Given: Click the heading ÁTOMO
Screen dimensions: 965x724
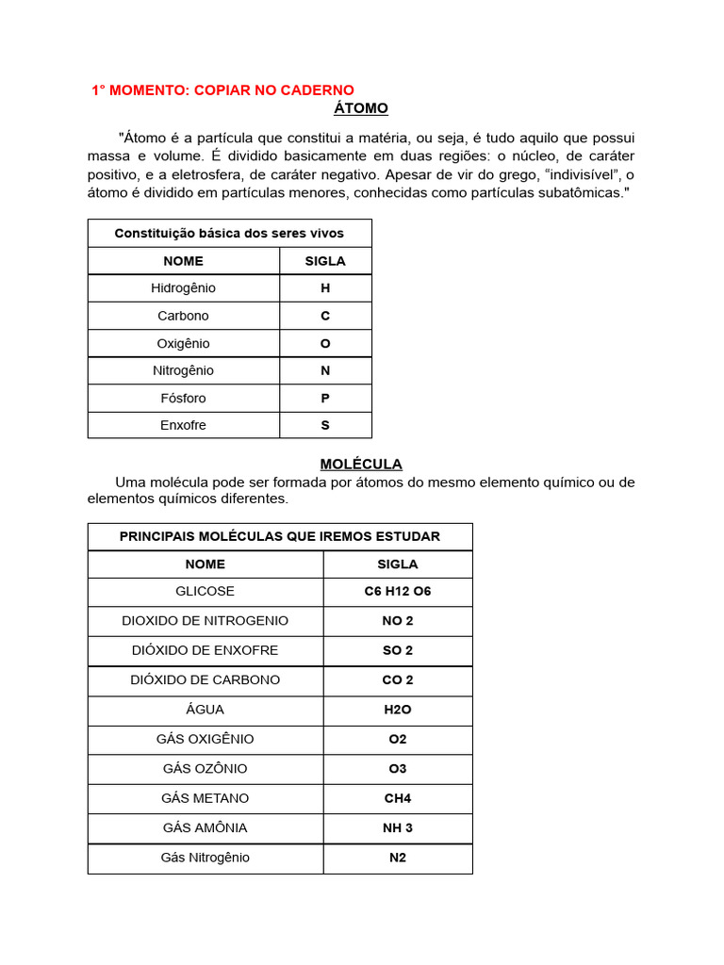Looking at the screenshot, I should [x=361, y=108].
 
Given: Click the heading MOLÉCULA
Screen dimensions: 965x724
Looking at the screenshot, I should [x=361, y=464].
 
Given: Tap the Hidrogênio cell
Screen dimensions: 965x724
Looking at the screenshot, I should [x=183, y=287].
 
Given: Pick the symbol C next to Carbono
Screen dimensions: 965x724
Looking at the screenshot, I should [x=325, y=316].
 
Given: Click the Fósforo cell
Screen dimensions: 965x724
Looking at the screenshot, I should [x=183, y=398].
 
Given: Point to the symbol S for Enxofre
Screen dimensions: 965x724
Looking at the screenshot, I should [x=325, y=425].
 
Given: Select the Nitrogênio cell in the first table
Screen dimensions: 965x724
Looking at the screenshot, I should [x=183, y=370].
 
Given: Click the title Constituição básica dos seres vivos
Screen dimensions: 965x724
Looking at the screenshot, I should [x=229, y=233].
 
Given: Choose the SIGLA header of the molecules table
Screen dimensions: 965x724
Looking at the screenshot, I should [x=397, y=564].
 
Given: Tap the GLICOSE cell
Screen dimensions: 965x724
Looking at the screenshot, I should [x=205, y=591].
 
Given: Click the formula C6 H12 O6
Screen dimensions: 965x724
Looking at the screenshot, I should [x=397, y=591].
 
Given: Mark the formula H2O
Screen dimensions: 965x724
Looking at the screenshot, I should [x=397, y=710].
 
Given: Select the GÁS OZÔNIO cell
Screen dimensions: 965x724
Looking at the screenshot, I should [x=205, y=768].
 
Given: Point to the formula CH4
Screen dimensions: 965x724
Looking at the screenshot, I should [x=397, y=798].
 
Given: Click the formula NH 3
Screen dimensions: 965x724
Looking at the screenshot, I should [x=397, y=827].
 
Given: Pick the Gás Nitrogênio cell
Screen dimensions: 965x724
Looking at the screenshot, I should [x=205, y=858].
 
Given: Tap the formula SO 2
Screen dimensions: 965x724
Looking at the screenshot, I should [x=397, y=650].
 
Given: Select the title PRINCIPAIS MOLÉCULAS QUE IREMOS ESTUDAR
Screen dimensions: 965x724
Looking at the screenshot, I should [x=279, y=536].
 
